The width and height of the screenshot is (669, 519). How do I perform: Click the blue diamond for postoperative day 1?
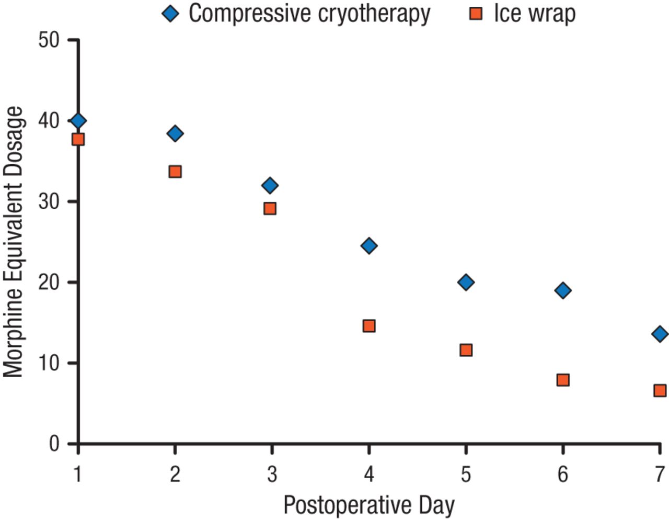click(78, 121)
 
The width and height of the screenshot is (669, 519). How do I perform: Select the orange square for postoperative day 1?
click(78, 139)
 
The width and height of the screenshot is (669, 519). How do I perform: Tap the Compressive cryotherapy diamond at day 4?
click(369, 245)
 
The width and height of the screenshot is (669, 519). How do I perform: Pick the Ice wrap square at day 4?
click(369, 326)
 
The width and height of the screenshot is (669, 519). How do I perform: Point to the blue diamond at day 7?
click(660, 334)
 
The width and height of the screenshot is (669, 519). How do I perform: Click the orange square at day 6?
click(563, 380)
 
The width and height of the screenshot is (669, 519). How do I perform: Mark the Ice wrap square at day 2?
click(175, 172)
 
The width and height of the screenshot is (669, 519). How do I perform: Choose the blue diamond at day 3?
click(270, 185)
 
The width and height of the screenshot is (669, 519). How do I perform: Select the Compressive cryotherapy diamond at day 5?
click(466, 283)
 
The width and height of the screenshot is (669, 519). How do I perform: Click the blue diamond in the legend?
click(171, 14)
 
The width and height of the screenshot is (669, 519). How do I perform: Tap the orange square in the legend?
click(476, 14)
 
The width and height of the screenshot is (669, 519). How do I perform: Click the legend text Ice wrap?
click(534, 14)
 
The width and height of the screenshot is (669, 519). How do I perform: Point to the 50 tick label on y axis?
click(49, 40)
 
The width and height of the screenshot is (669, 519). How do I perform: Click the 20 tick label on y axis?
click(49, 283)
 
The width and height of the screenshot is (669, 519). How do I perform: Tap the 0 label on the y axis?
click(54, 444)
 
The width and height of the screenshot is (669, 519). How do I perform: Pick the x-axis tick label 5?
click(466, 474)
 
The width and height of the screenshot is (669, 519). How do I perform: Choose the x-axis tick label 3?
click(272, 474)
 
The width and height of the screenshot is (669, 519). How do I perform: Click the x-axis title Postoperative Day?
click(369, 505)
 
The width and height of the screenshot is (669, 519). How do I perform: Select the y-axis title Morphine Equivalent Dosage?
click(14, 242)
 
